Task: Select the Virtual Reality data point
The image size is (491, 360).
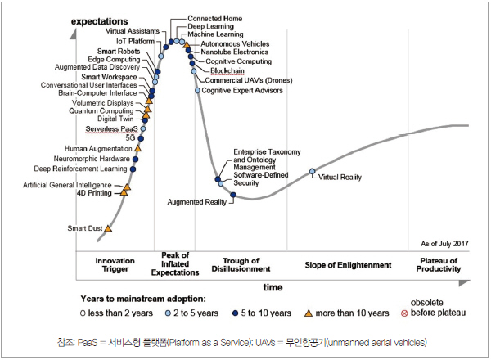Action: point(312,171)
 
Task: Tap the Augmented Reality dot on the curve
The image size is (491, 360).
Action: point(222,195)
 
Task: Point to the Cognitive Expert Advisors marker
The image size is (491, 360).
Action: point(197,90)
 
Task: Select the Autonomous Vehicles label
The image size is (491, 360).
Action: point(236,43)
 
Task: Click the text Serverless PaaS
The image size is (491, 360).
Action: point(111,128)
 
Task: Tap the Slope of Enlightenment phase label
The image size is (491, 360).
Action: point(349,264)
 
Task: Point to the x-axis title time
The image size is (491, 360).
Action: point(273,288)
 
